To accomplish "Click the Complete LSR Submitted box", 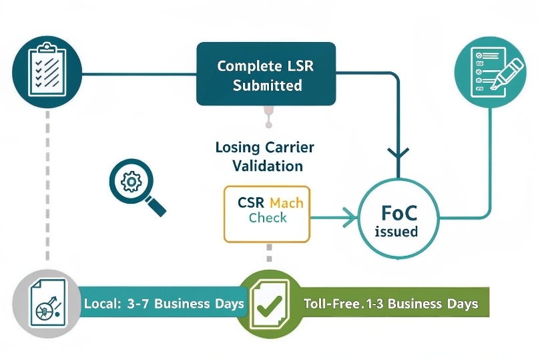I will (266, 74).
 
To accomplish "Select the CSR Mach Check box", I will (267, 213).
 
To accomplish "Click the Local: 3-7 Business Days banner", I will (164, 304).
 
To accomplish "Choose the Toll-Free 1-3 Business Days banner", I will (390, 304).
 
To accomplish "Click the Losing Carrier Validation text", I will (264, 156).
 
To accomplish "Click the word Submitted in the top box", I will (267, 85).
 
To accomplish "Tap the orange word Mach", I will (286, 202).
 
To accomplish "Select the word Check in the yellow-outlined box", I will (268, 218).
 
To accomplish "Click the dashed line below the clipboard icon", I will (47, 187).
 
